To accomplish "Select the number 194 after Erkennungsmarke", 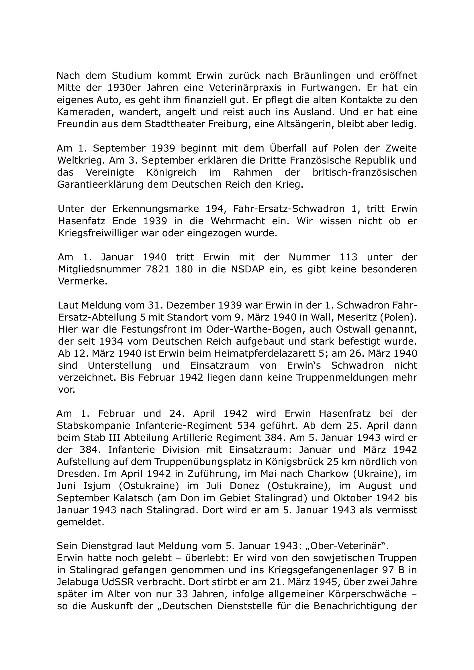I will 212,209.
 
